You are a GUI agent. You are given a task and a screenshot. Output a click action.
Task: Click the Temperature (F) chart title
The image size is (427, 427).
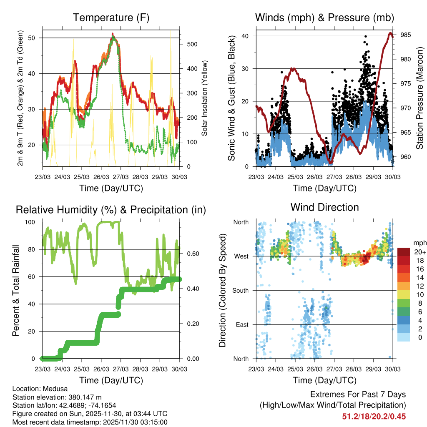click(111, 18)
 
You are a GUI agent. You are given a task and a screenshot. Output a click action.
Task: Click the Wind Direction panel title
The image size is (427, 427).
click(324, 207)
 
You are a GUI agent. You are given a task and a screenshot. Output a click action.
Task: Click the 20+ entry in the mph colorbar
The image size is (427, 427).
click(420, 252)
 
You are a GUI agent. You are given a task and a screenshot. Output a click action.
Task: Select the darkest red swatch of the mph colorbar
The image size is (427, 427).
click(404, 252)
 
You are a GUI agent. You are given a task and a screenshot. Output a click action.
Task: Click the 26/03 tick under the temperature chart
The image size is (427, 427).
click(101, 177)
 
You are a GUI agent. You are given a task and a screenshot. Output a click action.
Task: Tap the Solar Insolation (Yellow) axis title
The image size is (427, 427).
click(205, 98)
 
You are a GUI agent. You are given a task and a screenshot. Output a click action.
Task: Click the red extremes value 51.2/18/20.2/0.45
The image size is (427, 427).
click(374, 416)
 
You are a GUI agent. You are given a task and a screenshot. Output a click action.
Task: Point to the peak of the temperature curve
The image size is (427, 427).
click(112, 34)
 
